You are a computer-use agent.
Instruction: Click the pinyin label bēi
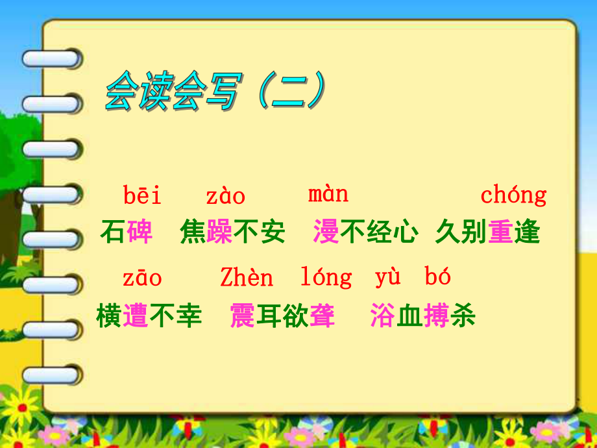142,195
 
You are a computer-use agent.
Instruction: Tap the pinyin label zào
225,195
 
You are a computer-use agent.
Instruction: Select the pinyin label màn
328,193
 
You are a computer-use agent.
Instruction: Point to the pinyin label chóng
513,195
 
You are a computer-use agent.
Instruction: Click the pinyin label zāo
142,278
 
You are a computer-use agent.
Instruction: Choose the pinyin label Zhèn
247,278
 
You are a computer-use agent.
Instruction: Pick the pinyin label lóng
326,278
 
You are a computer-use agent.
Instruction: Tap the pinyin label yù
387,277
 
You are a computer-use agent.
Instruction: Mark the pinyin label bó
438,277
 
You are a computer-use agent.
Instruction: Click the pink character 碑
140,232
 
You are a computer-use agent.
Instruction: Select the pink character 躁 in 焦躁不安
219,232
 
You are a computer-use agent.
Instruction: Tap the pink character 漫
326,232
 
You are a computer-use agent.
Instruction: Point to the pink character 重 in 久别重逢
500,232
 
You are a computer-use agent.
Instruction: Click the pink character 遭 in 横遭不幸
136,316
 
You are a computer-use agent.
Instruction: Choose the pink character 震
243,316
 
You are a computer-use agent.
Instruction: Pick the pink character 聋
322,316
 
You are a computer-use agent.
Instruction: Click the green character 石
112,232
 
